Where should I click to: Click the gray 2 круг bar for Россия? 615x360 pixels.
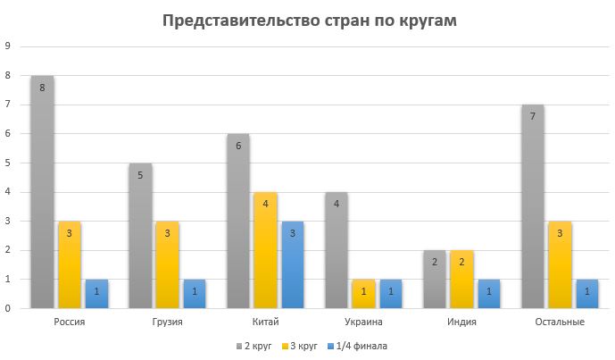click(42, 192)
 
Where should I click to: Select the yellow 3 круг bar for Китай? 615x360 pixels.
click(265, 250)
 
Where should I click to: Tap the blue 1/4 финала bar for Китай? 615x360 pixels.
click(293, 264)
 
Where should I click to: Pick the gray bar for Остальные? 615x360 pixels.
click(532, 206)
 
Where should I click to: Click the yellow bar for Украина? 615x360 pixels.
click(363, 294)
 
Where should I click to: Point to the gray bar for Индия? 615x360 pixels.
click(434, 280)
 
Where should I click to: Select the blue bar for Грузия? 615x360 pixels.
click(195, 294)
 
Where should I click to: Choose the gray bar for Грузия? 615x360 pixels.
click(140, 236)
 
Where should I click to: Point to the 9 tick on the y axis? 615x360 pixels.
click(8, 46)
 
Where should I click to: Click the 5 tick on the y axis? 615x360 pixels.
click(8, 163)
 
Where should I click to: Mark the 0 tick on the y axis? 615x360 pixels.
click(8, 308)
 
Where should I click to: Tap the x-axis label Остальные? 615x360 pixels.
click(560, 322)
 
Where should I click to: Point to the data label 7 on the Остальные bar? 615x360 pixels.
click(532, 116)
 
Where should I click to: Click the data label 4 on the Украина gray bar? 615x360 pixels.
click(337, 204)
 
